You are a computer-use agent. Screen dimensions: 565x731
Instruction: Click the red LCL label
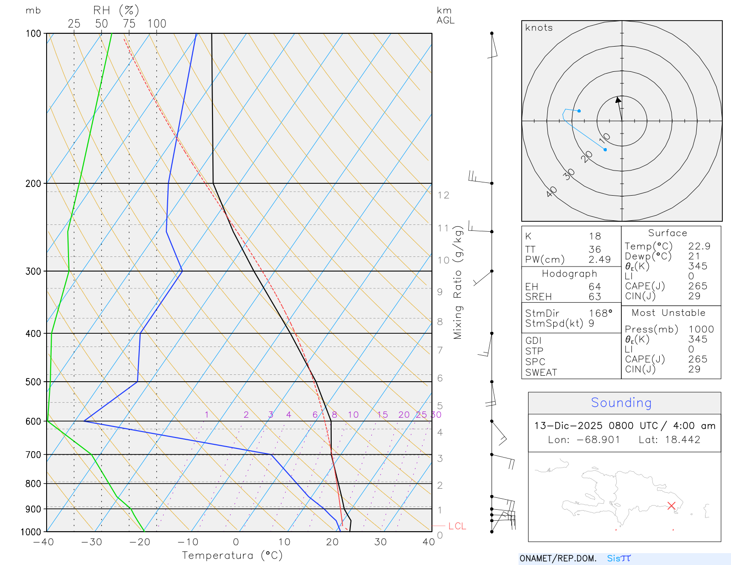click(x=457, y=526)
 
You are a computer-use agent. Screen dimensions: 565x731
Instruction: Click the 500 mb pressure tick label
click(x=33, y=382)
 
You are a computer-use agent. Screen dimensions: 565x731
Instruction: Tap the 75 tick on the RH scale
click(x=129, y=24)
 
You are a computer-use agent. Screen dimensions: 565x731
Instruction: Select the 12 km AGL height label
click(x=443, y=195)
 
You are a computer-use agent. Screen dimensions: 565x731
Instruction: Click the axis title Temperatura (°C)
click(x=232, y=555)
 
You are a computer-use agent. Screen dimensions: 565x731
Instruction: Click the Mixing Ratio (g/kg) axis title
click(x=458, y=282)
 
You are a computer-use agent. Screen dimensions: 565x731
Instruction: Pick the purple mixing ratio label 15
click(x=382, y=415)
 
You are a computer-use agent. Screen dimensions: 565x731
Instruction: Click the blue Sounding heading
click(x=621, y=403)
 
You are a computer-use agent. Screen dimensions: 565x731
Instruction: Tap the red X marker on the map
click(x=671, y=506)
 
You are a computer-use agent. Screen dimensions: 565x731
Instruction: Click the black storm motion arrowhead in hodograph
click(x=618, y=100)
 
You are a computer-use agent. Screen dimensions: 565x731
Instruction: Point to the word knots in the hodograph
click(x=539, y=28)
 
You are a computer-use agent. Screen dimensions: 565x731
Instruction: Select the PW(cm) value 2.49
click(x=599, y=260)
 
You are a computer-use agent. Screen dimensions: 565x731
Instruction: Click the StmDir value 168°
click(x=600, y=314)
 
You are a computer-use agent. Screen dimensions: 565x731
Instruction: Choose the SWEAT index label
click(x=541, y=373)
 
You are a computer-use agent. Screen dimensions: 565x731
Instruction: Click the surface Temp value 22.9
click(x=699, y=246)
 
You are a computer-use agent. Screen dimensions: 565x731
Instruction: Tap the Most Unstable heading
click(x=668, y=313)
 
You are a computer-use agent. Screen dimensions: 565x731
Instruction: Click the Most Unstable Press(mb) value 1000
click(x=701, y=330)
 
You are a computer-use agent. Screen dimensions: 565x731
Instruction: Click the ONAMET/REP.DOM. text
click(x=558, y=559)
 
